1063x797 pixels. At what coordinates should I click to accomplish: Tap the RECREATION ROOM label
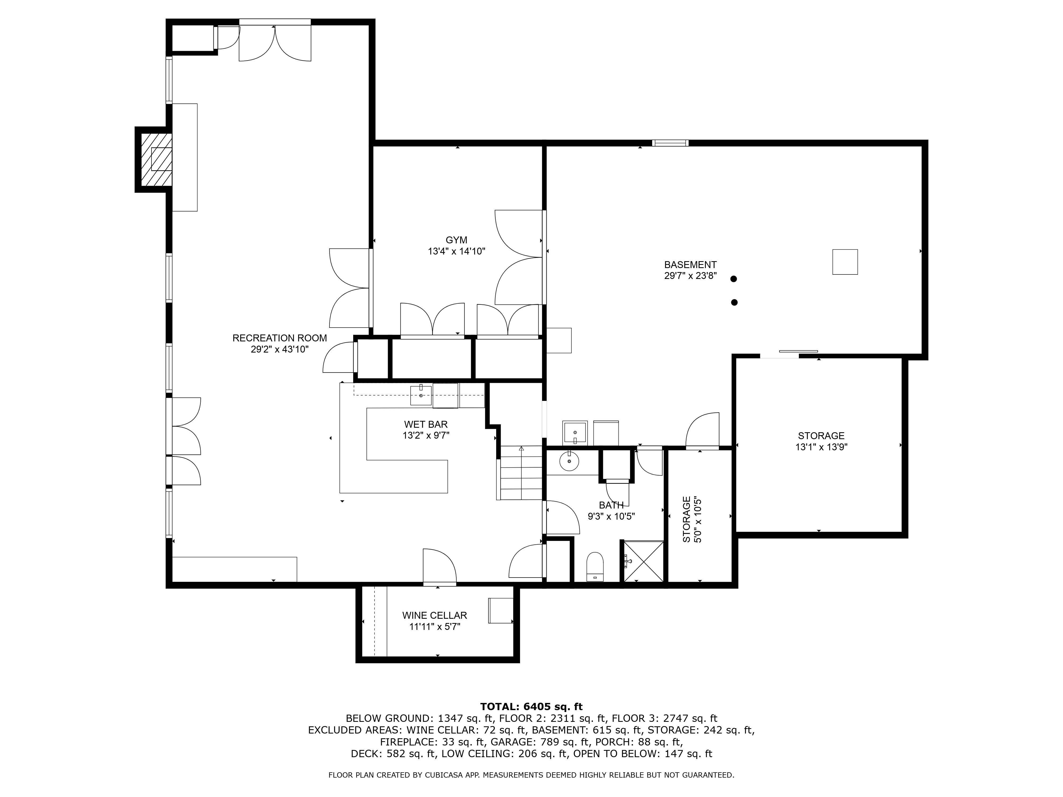[280, 338]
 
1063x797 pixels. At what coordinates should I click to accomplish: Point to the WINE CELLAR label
[435, 615]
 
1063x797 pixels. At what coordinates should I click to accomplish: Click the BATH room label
[611, 505]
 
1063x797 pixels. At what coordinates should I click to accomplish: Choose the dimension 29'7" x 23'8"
[690, 276]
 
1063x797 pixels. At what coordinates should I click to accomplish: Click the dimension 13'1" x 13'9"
[821, 447]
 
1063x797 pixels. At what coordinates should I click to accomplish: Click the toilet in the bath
[595, 567]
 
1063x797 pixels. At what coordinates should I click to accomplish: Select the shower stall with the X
[643, 561]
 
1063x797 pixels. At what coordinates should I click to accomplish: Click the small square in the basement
[845, 262]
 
